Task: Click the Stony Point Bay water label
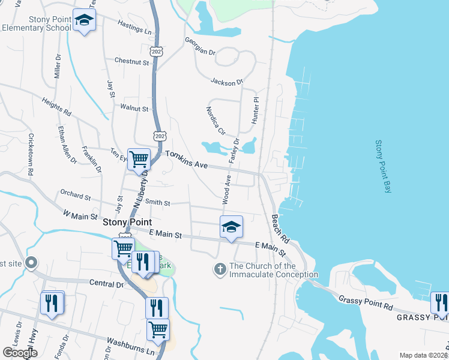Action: click(x=382, y=167)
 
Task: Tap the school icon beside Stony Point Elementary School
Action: click(x=84, y=21)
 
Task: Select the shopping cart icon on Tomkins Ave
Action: click(x=139, y=160)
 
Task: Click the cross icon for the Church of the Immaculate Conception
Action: click(x=220, y=269)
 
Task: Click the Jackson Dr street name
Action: click(x=226, y=81)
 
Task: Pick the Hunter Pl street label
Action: click(x=256, y=111)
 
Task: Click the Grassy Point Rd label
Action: click(x=365, y=302)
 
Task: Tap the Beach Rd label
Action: click(x=281, y=229)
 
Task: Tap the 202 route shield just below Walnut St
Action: click(x=158, y=136)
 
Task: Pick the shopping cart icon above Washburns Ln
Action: click(x=158, y=329)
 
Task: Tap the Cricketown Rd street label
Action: click(x=31, y=154)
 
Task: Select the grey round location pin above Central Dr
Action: click(x=32, y=263)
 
